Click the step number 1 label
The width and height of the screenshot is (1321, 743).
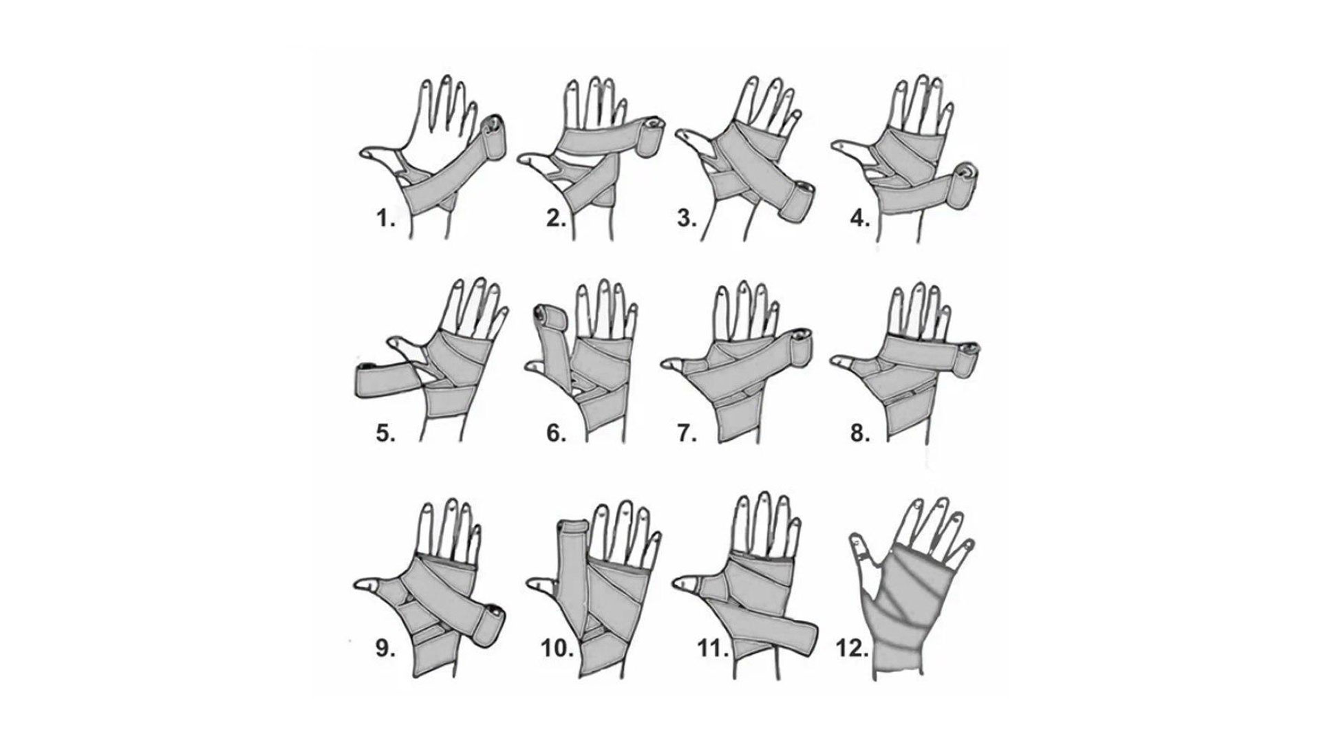tap(386, 220)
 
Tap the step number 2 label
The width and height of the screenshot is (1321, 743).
tap(557, 219)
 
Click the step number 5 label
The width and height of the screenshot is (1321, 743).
tap(386, 434)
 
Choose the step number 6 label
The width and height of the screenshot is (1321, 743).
tap(557, 434)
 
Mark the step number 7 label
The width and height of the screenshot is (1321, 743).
tap(687, 434)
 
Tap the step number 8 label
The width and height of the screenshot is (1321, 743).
tap(861, 434)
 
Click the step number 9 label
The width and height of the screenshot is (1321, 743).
tap(386, 649)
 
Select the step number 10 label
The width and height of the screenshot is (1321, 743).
tap(557, 649)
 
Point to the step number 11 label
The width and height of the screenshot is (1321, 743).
tap(713, 649)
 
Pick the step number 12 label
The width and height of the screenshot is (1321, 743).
tap(852, 649)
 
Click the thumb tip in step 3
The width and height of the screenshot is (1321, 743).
tap(685, 135)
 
